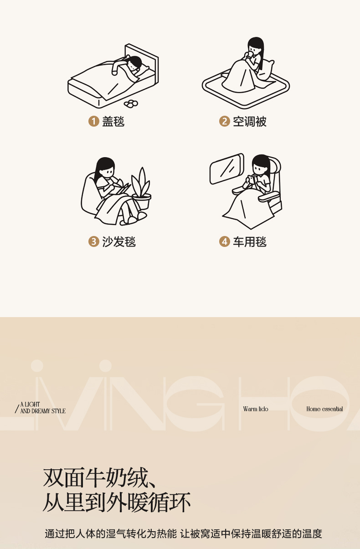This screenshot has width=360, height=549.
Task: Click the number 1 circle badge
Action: pos(93,121)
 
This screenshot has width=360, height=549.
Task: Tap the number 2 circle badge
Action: pos(224,121)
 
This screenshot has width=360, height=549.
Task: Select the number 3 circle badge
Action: pos(93,241)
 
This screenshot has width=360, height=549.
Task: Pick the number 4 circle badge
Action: pos(224,241)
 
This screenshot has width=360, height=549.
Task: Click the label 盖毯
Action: pos(113,121)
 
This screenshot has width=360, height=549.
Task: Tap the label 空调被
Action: pos(249,121)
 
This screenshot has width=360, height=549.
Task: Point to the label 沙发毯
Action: pos(119,241)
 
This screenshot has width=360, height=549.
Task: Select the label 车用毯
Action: pos(249,241)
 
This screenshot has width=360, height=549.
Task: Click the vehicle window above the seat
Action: pos(226,169)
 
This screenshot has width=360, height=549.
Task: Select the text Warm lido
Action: pos(256,409)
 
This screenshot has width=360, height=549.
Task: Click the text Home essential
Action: pos(324,409)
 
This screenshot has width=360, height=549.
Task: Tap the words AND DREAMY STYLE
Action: pos(43,411)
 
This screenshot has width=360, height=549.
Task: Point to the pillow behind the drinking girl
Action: pos(267,69)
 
